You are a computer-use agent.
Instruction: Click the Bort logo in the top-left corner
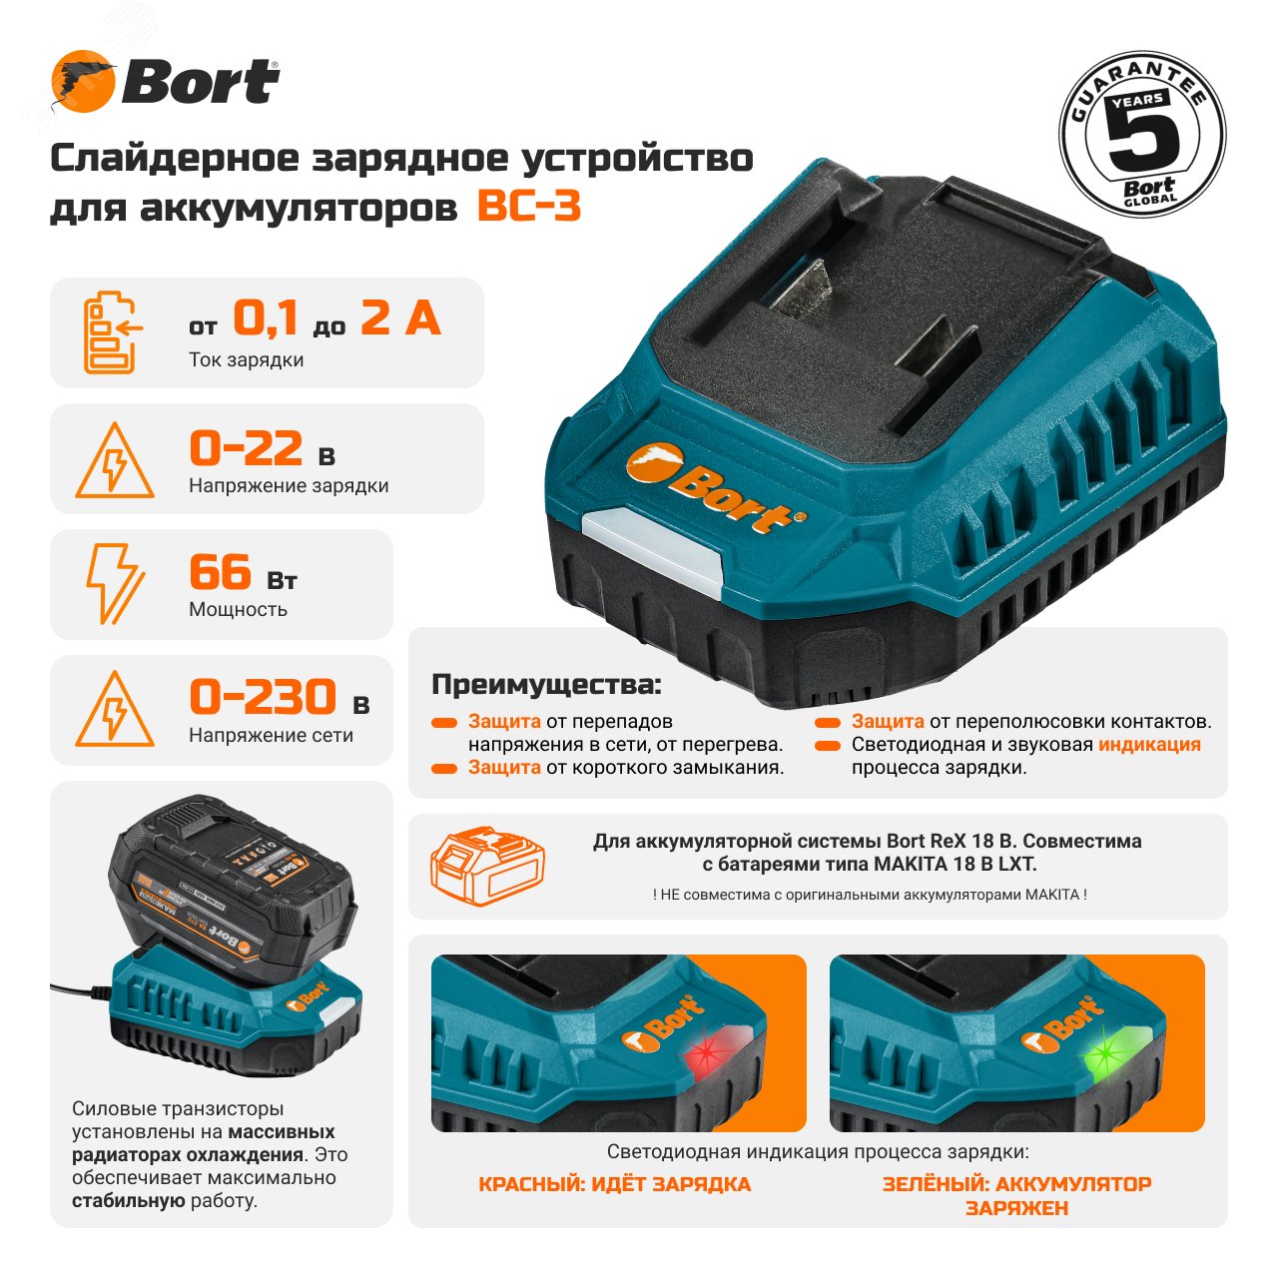(165, 82)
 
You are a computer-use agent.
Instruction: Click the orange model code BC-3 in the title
(529, 207)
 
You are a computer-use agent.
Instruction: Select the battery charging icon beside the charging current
(111, 332)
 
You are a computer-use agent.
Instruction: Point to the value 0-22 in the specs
(246, 448)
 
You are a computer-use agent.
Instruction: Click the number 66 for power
(220, 572)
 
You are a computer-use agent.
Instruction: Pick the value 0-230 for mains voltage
(263, 697)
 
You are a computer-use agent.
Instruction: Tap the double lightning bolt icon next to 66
(114, 583)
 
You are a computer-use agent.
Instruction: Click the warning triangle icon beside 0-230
(115, 710)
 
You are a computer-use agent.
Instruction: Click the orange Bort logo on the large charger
(715, 490)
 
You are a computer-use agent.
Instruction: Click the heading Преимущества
(545, 685)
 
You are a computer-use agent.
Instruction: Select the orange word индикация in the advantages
(1149, 744)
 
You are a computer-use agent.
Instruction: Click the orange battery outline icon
(486, 866)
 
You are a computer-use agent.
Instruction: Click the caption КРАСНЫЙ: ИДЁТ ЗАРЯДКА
(614, 1184)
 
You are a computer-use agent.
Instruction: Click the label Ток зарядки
(246, 360)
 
